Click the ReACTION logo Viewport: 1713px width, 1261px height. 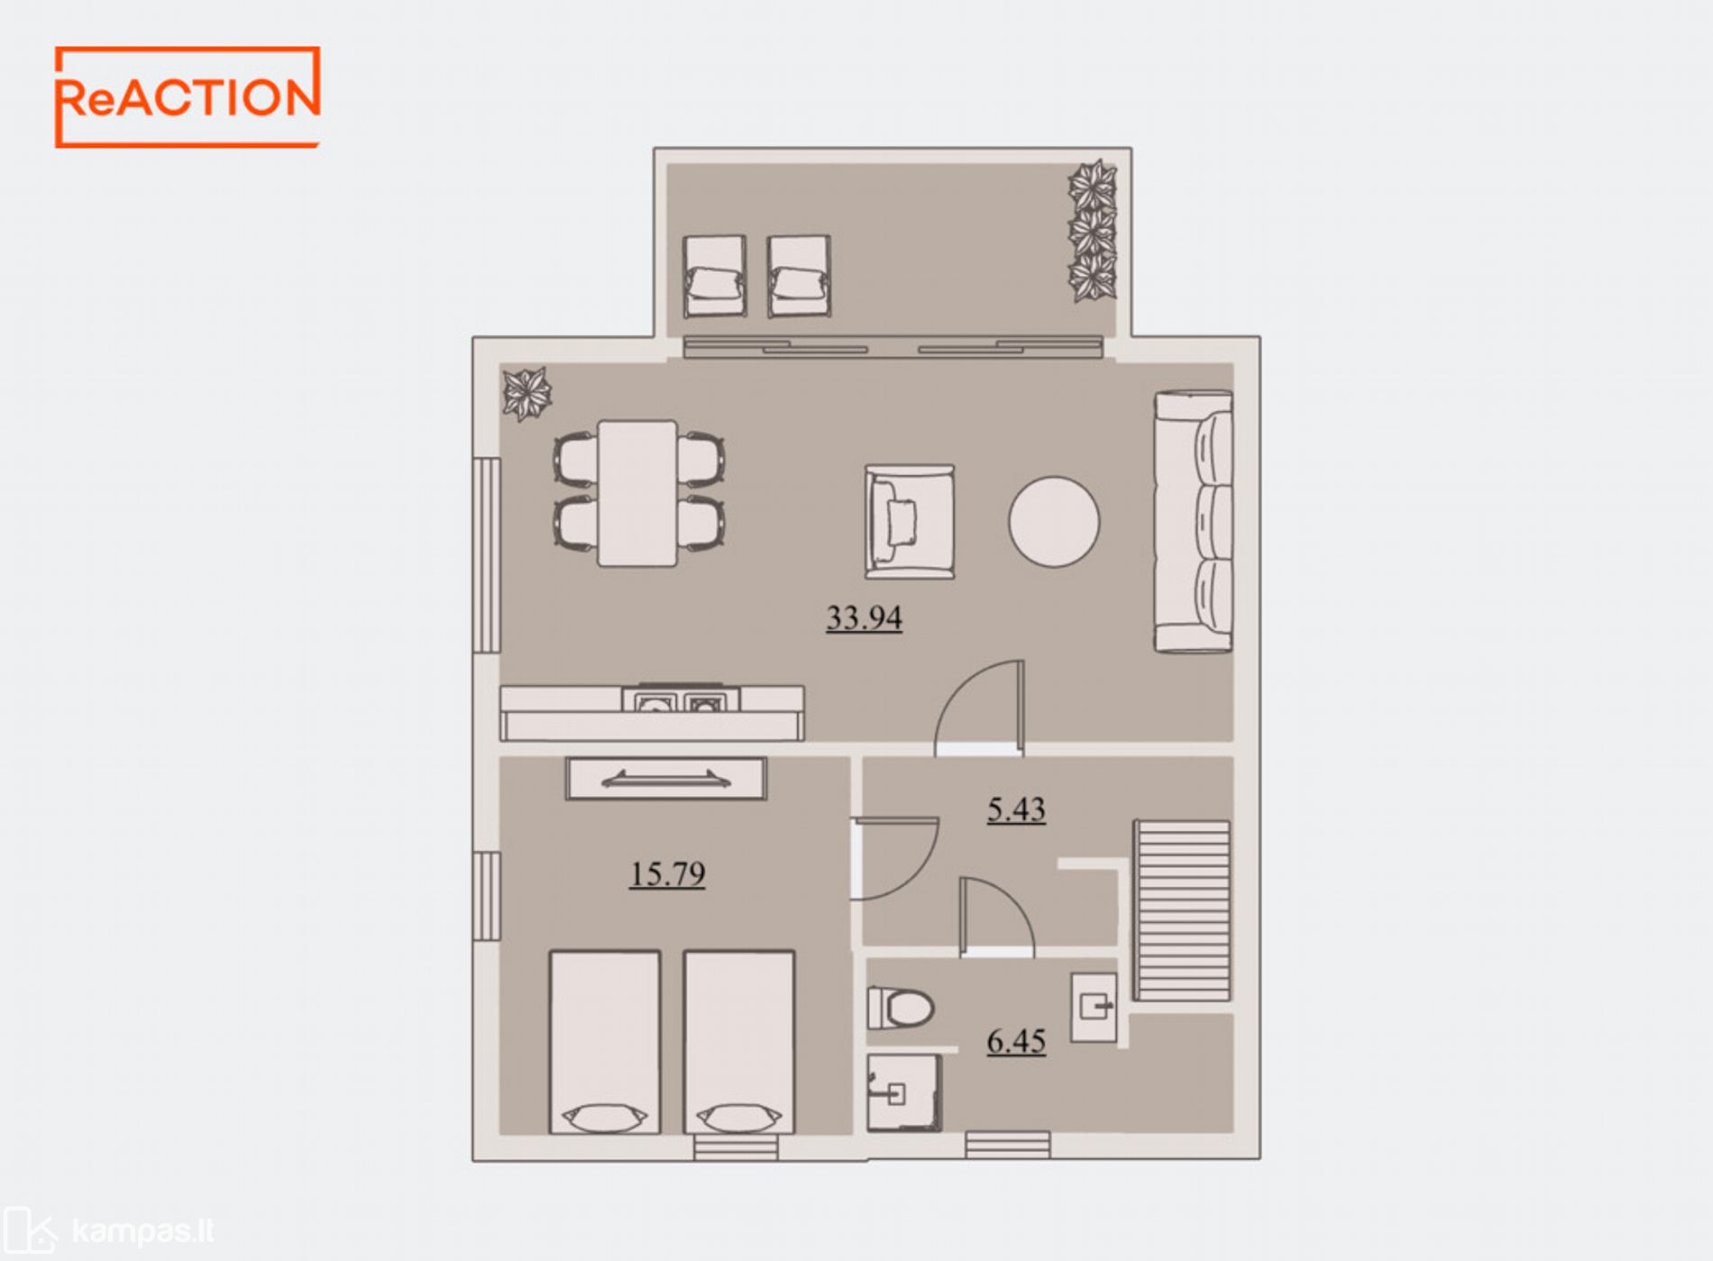pyautogui.click(x=188, y=97)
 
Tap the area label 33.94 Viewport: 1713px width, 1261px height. pyautogui.click(x=864, y=618)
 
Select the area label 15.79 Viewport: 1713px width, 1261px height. pyautogui.click(x=667, y=874)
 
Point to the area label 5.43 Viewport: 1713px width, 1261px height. pyautogui.click(x=1016, y=809)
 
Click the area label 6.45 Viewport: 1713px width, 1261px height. pyautogui.click(x=1016, y=1041)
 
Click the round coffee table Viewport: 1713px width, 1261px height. pyautogui.click(x=1054, y=522)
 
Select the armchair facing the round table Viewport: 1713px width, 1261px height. pyautogui.click(x=909, y=521)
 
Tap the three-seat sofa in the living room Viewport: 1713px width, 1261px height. pyautogui.click(x=1193, y=521)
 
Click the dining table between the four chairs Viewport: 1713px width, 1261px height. pyautogui.click(x=637, y=493)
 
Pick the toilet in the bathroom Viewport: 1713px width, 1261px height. pyautogui.click(x=900, y=1008)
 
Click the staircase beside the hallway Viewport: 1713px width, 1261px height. pyautogui.click(x=1182, y=909)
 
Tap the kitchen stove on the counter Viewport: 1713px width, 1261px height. pyautogui.click(x=681, y=699)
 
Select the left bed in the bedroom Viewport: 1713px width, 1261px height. pyautogui.click(x=605, y=1042)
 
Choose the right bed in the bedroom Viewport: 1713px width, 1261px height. pyautogui.click(x=739, y=1042)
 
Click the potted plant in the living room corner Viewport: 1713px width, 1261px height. pyautogui.click(x=527, y=394)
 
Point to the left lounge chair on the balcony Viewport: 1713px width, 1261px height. pyautogui.click(x=715, y=276)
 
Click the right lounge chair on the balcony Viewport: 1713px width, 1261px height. pyautogui.click(x=799, y=276)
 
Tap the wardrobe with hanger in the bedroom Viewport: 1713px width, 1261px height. pyautogui.click(x=666, y=779)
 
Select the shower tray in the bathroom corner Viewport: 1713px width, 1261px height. pyautogui.click(x=903, y=1092)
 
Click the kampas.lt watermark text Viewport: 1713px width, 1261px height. pyautogui.click(x=142, y=1230)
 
